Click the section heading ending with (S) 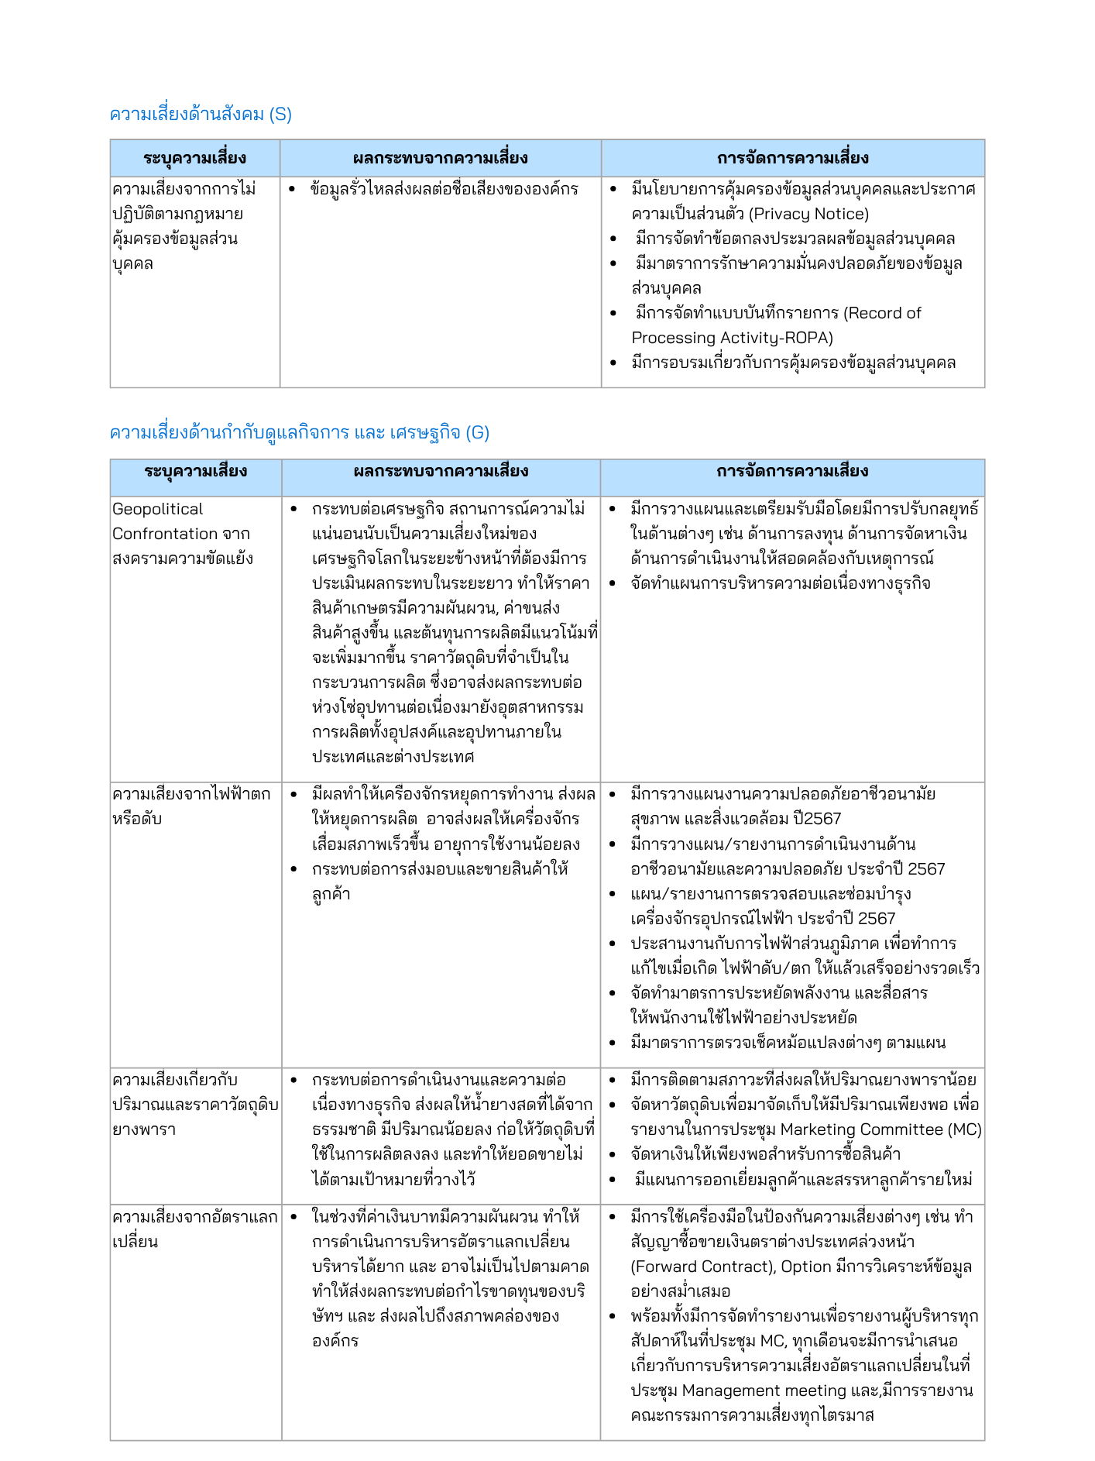201,115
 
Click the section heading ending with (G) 299,433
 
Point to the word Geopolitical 157,510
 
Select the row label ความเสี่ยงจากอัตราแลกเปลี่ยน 194,1229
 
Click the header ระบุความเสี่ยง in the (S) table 194,159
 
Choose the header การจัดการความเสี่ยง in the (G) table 792,472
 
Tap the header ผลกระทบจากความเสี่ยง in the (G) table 441,472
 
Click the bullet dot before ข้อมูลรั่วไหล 292,190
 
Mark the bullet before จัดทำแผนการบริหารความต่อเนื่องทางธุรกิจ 613,584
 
